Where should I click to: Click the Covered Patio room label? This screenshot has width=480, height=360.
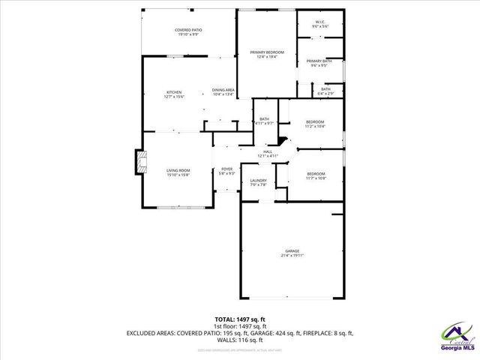pyautogui.click(x=188, y=29)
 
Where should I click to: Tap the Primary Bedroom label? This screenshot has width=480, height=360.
pyautogui.click(x=267, y=52)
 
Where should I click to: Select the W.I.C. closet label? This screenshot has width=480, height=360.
pyautogui.click(x=320, y=22)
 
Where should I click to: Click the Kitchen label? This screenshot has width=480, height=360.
pyautogui.click(x=173, y=92)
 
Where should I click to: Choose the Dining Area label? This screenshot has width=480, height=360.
pyautogui.click(x=223, y=90)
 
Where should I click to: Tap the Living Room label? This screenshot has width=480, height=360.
pyautogui.click(x=178, y=170)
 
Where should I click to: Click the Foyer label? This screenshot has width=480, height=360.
pyautogui.click(x=226, y=169)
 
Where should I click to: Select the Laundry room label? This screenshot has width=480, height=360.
pyautogui.click(x=258, y=181)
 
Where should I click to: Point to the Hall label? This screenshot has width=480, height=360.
pyautogui.click(x=267, y=151)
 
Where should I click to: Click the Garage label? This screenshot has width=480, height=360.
pyautogui.click(x=292, y=251)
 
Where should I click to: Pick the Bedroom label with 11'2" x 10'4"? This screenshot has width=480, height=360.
pyautogui.click(x=315, y=121)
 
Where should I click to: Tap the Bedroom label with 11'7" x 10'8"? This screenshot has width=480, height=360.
pyautogui.click(x=315, y=174)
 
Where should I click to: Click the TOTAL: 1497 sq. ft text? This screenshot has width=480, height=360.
pyautogui.click(x=240, y=319)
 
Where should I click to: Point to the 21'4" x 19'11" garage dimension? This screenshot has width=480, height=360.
pyautogui.click(x=292, y=256)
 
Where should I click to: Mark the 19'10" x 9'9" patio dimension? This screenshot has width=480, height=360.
pyautogui.click(x=188, y=34)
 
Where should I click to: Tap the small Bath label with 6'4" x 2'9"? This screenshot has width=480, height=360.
pyautogui.click(x=325, y=89)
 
